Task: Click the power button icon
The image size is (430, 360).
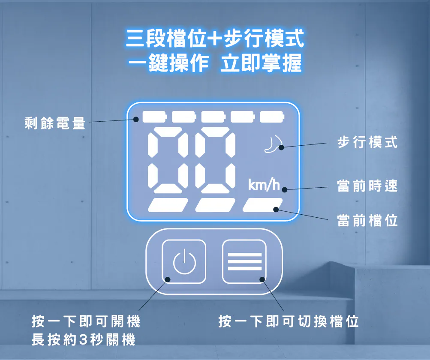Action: click(x=184, y=261)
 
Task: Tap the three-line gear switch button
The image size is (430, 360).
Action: click(x=244, y=261)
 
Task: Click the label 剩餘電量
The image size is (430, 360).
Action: click(x=55, y=123)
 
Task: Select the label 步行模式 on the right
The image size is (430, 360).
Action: click(x=367, y=142)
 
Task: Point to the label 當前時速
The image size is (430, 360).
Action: click(x=367, y=186)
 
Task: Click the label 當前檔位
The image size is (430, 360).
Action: click(x=367, y=220)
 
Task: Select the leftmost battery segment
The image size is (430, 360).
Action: click(x=154, y=117)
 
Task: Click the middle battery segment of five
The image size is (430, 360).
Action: click(x=213, y=117)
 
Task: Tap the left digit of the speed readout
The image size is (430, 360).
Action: click(x=168, y=160)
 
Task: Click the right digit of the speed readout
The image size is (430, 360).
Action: click(x=215, y=160)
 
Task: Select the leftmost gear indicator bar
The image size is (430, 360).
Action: click(x=168, y=205)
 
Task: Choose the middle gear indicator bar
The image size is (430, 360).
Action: click(x=215, y=205)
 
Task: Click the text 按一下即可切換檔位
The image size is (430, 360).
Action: click(x=289, y=321)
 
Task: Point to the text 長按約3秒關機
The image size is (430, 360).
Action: click(x=84, y=339)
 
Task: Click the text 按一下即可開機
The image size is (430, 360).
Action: click(x=86, y=321)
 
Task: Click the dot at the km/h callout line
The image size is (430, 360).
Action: click(x=284, y=190)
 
